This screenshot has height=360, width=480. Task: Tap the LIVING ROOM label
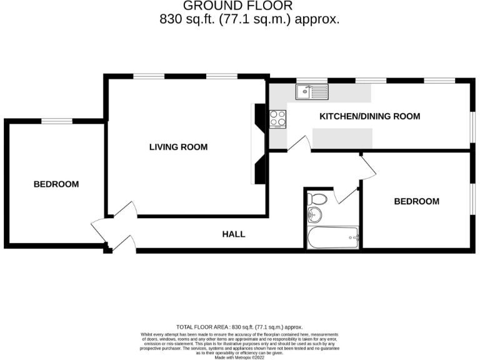(x=178, y=147)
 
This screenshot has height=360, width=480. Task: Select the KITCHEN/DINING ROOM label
(x=369, y=116)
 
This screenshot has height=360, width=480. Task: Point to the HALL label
(x=234, y=234)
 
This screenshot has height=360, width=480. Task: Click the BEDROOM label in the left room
(x=56, y=184)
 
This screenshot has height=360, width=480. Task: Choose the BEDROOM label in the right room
(x=416, y=201)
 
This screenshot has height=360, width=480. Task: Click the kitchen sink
(x=311, y=92)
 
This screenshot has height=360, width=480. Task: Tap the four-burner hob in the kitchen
(x=277, y=117)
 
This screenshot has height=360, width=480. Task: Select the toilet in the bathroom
(x=317, y=200)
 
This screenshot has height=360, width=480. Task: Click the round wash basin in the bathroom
(x=316, y=216)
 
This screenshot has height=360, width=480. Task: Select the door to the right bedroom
(x=367, y=167)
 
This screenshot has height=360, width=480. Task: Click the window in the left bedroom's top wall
(x=56, y=121)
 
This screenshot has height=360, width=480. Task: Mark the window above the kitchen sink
(x=307, y=81)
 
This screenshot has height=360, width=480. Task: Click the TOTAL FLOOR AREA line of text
(x=239, y=327)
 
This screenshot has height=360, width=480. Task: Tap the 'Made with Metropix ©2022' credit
(x=239, y=356)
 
